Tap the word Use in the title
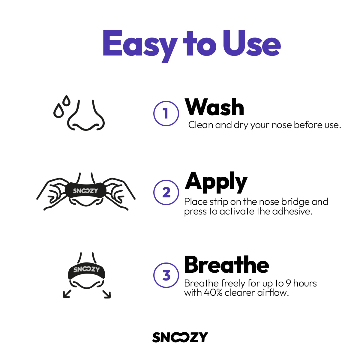tap(252, 43)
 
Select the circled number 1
tap(166, 113)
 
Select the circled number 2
tap(166, 192)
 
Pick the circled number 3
tap(166, 275)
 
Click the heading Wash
tap(214, 107)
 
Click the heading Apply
tap(216, 183)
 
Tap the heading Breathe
tap(226, 264)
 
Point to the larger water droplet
tap(58, 111)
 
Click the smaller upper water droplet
tap(66, 100)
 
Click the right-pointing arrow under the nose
tap(107, 294)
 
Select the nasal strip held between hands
tap(85, 190)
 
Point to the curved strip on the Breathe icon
tap(86, 271)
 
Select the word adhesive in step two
tap(292, 211)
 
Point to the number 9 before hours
tap(289, 283)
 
